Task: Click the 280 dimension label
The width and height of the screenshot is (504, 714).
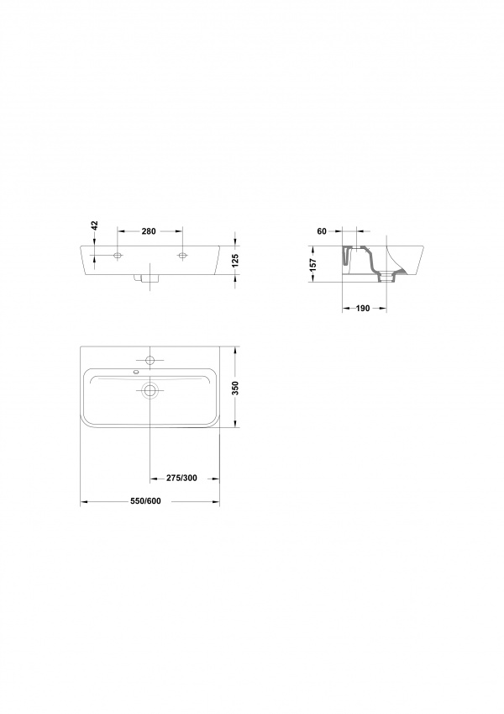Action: pos(149,231)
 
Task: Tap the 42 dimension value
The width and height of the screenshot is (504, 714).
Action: pos(95,225)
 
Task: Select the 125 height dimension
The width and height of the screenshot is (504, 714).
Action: pos(236,261)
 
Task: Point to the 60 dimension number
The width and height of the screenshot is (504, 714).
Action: pos(322,231)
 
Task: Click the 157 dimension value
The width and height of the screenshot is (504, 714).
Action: pos(313,265)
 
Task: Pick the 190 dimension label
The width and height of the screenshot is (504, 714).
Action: pos(363,309)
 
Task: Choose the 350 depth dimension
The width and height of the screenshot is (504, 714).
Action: pos(236,388)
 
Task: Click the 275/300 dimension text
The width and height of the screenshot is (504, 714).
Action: pos(181,479)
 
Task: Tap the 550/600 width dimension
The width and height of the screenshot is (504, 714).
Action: pos(145,501)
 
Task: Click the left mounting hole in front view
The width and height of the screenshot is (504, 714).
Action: pos(118,256)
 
